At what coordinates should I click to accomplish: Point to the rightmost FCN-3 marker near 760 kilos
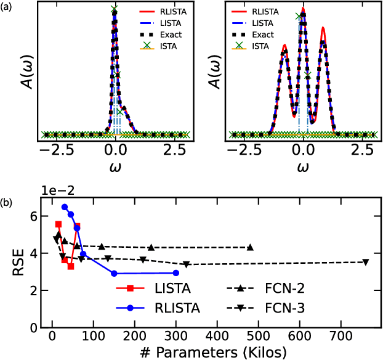point(366,262)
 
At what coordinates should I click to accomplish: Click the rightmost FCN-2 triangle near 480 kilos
point(250,247)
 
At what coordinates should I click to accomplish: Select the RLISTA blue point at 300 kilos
point(176,272)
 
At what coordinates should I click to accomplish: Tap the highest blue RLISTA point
point(64,207)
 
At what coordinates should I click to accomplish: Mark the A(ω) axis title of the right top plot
point(215,76)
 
